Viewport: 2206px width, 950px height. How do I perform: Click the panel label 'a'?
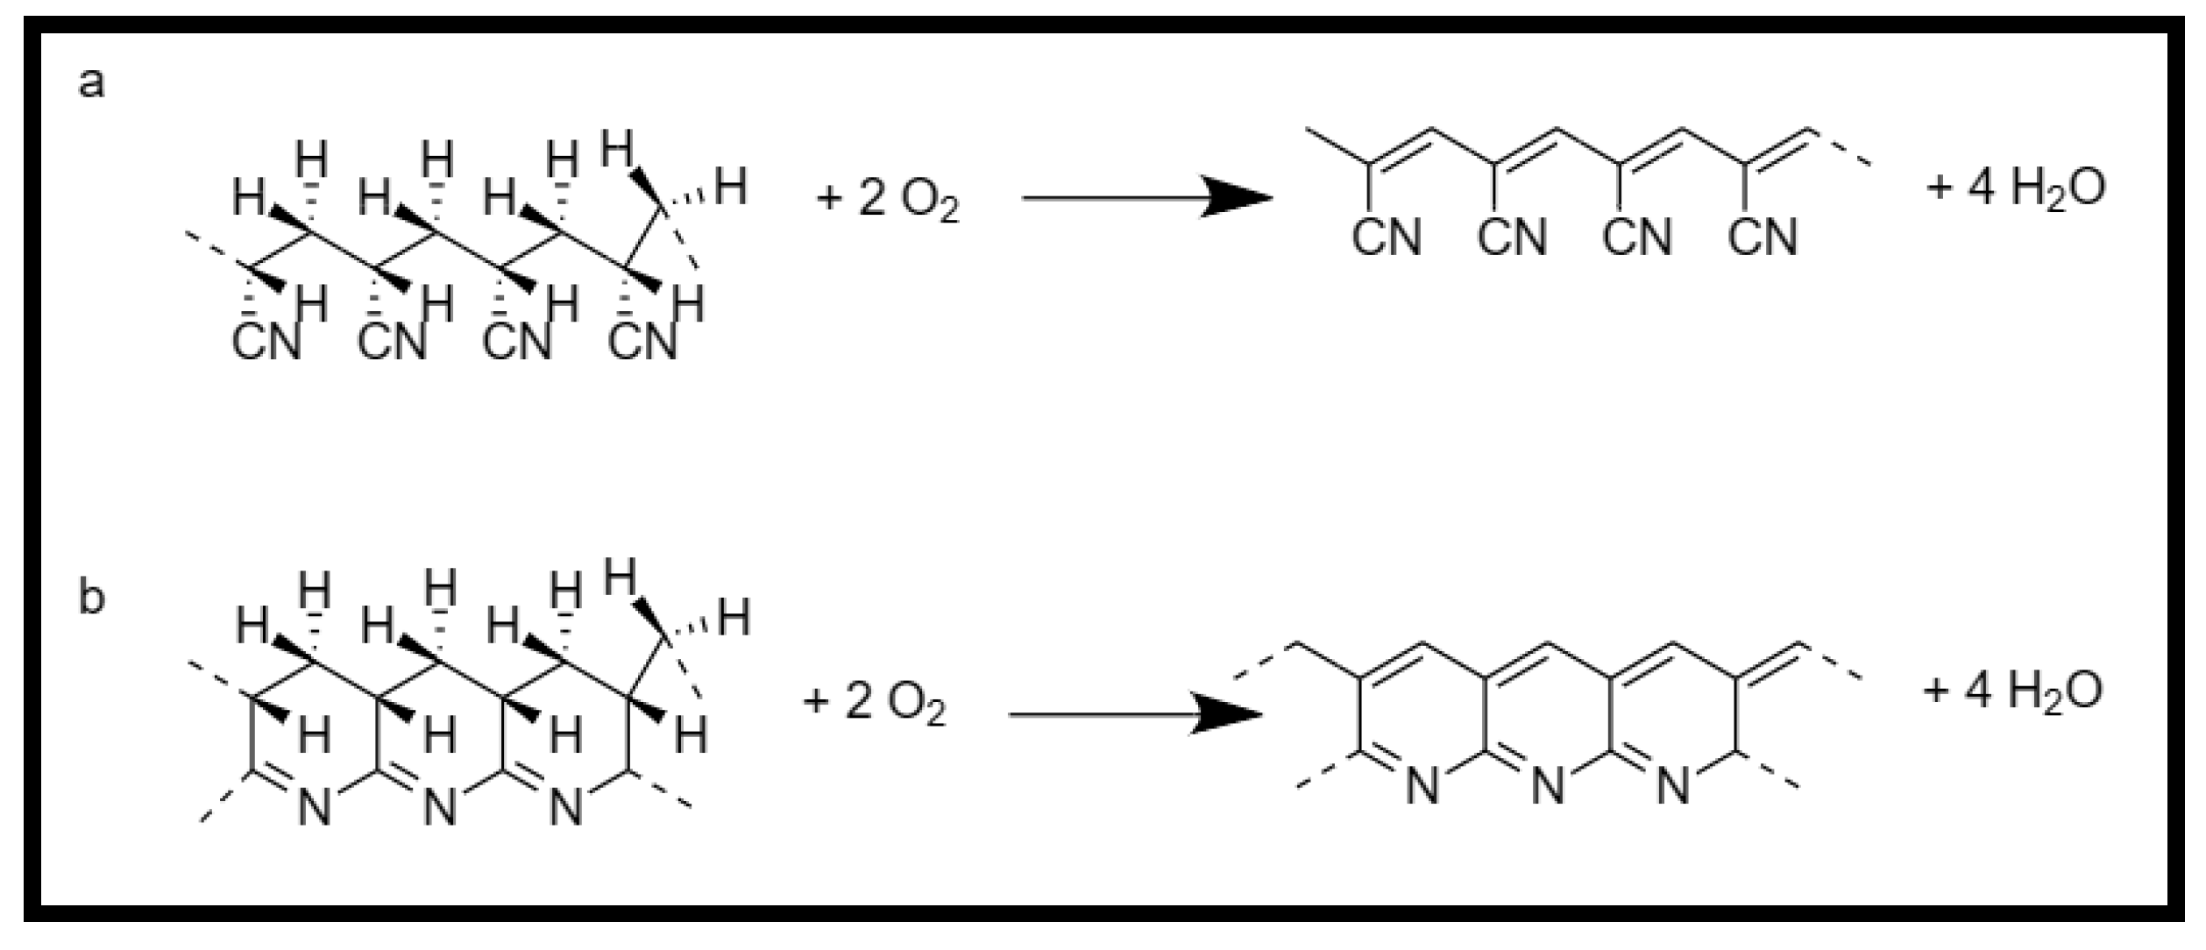(x=91, y=84)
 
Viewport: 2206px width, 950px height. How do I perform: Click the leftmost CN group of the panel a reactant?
(x=266, y=342)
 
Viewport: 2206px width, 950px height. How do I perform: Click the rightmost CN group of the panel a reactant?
(x=643, y=342)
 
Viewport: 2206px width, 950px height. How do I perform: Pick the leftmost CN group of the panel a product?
(x=1386, y=237)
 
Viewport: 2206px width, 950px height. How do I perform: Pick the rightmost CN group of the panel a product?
(x=1763, y=237)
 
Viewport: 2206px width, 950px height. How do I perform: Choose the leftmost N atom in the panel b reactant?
(x=314, y=806)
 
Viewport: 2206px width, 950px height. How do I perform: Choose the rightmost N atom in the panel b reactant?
(x=565, y=806)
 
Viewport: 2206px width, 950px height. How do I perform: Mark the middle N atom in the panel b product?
(x=1548, y=785)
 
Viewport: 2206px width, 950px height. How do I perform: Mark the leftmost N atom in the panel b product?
(x=1422, y=785)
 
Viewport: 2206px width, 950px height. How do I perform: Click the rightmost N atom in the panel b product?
(x=1673, y=785)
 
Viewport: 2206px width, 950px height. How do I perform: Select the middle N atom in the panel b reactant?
(x=439, y=806)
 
